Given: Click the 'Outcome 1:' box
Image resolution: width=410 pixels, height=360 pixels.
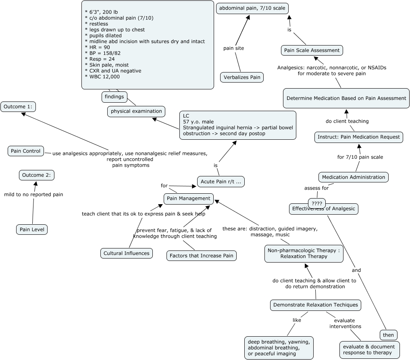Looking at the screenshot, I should (18, 107).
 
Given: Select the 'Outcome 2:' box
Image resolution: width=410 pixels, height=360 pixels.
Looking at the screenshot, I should (37, 175).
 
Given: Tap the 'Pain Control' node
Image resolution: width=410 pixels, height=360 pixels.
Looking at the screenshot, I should (26, 151).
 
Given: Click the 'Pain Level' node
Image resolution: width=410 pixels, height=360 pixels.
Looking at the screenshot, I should (32, 230).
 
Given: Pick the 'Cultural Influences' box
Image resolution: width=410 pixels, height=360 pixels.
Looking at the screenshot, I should (127, 253).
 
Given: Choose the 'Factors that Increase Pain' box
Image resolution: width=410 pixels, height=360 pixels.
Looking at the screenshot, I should (201, 255).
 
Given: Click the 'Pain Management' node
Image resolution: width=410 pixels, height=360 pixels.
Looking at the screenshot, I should (189, 198).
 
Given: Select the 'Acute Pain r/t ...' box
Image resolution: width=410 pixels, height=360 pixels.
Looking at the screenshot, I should (221, 182).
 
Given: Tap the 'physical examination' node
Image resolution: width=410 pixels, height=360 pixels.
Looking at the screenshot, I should (136, 111).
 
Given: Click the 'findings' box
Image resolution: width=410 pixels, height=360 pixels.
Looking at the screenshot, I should (114, 97).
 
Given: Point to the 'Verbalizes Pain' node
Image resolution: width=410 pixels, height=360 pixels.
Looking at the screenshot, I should (242, 77).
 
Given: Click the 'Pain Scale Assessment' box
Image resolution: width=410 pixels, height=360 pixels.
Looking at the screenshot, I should (312, 50).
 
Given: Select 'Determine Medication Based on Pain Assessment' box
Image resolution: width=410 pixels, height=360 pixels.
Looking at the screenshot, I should (346, 98).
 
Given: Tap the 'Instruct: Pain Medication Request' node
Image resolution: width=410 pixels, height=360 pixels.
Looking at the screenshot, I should (359, 137).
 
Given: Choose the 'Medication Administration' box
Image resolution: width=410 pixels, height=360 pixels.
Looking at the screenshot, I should (354, 177).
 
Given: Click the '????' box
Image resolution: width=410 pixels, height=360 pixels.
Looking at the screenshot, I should (317, 203).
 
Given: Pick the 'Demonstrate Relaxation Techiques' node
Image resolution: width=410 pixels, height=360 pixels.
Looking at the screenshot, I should (315, 305).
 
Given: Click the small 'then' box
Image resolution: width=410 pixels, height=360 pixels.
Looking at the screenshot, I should (389, 335).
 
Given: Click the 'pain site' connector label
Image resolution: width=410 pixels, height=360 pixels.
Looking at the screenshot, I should (234, 48).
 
